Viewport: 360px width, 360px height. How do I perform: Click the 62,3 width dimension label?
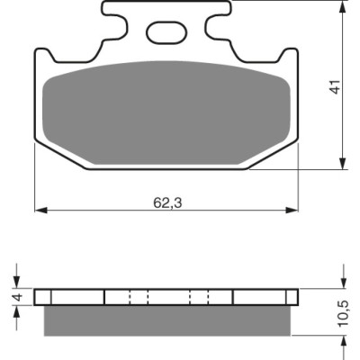coord(167,203)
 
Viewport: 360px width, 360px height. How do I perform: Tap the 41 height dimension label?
coord(336,86)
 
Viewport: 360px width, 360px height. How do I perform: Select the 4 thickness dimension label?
coord(19,297)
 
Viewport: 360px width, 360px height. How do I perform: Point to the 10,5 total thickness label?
coord(343,313)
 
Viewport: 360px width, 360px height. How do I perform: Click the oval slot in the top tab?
coord(166,31)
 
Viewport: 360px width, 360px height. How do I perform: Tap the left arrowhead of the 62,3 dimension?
coord(41,210)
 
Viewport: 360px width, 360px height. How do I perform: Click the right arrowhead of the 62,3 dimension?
coord(292,210)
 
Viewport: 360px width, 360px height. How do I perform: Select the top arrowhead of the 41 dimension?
coord(343,6)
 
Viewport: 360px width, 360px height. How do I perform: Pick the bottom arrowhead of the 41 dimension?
coord(343,163)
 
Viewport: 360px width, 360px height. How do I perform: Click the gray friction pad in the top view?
coord(166,113)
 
